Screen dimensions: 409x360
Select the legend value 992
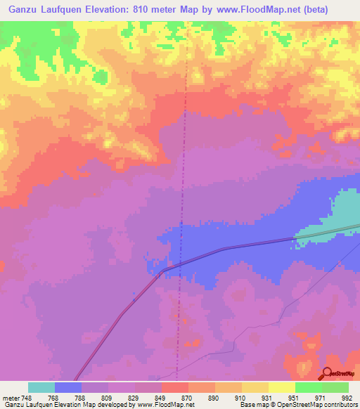point(346,398)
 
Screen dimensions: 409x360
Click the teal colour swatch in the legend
point(41,387)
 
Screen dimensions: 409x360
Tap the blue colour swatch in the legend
point(68,387)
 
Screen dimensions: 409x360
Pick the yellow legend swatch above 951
point(282,387)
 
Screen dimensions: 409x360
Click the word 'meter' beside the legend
point(11,398)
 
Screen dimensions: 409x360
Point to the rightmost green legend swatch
point(335,387)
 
